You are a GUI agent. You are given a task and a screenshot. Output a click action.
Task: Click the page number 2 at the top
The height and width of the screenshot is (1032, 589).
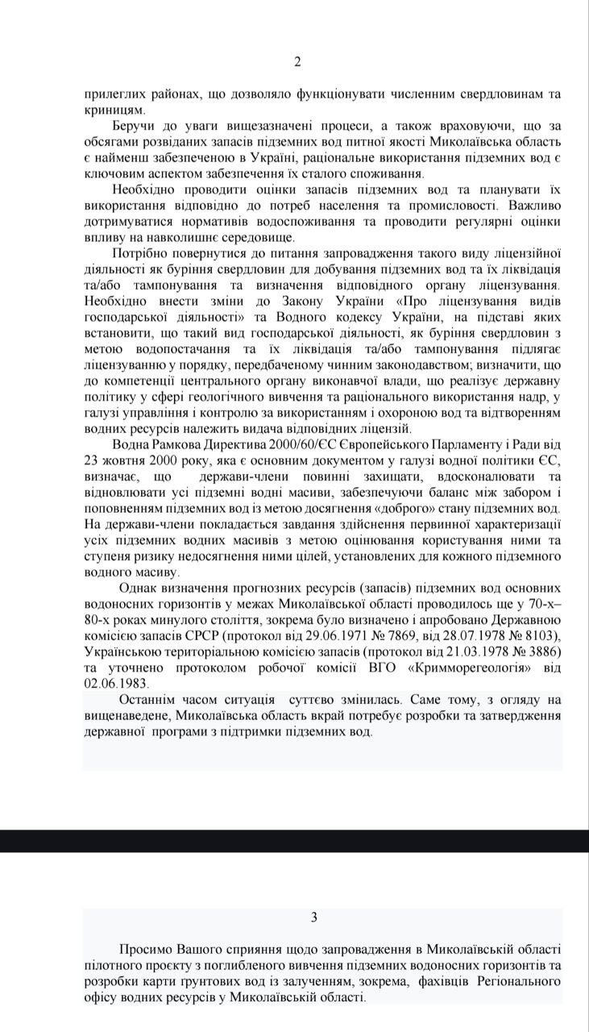(297, 62)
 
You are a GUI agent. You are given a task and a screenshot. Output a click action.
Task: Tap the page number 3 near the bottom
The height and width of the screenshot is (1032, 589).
(313, 917)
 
